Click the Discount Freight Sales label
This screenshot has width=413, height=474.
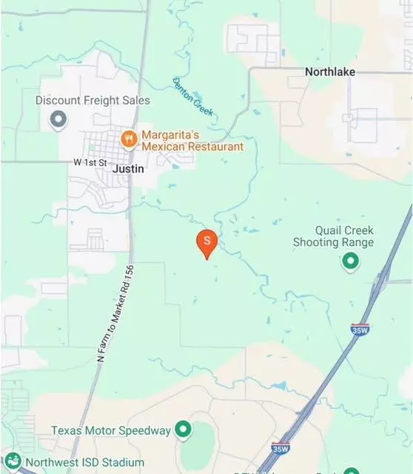coord(93,100)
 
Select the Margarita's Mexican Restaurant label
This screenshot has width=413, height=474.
coord(192,141)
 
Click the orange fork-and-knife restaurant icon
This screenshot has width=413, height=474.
coord(129,137)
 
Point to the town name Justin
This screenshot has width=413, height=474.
coord(128,169)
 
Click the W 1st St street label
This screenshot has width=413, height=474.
coord(90,161)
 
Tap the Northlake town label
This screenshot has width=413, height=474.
coord(330,72)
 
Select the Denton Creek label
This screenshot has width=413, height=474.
coord(193,97)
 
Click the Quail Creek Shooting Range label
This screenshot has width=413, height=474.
coord(333,236)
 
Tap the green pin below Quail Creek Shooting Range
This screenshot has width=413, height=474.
coord(350,261)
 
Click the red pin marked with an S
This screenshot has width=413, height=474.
coord(207,241)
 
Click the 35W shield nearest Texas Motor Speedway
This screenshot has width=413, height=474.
coord(281,448)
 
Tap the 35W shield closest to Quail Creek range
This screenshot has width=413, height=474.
coord(360,330)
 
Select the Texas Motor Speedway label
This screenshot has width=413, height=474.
coord(111,430)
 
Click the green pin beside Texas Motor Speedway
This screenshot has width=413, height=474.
coord(183,430)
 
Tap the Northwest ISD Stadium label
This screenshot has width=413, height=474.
coord(72,463)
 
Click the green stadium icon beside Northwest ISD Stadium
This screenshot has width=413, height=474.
coord(12,461)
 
